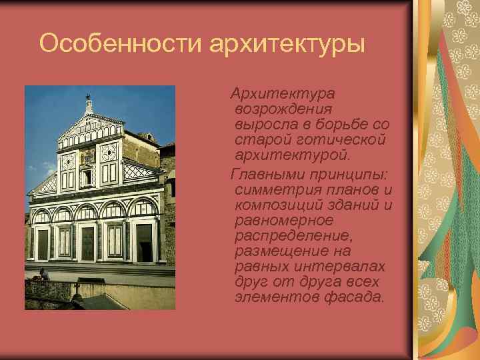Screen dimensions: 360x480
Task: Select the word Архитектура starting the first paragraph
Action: [x=282, y=91]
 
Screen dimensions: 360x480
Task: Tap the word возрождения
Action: [x=284, y=108]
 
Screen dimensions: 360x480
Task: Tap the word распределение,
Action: [x=292, y=235]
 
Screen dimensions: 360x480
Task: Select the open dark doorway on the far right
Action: [x=144, y=243]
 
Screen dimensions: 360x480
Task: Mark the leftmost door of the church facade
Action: [x=42, y=245]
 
